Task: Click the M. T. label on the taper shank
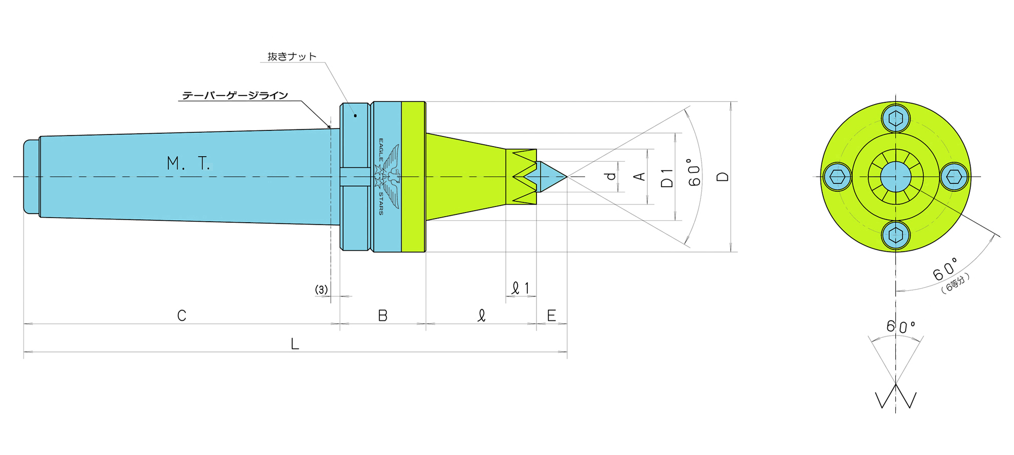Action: (188, 163)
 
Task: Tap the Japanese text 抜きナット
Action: (292, 56)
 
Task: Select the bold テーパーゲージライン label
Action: (235, 95)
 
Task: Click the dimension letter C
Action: (182, 316)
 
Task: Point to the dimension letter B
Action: (383, 316)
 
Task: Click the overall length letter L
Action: (295, 344)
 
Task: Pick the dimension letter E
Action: (552, 316)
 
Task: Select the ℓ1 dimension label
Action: (521, 288)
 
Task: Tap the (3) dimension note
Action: (321, 289)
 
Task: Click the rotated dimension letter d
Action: (611, 176)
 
